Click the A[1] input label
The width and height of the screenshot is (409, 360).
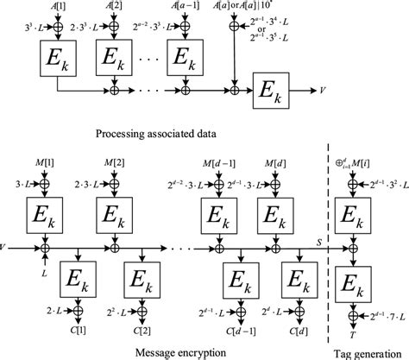(x=56, y=7)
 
